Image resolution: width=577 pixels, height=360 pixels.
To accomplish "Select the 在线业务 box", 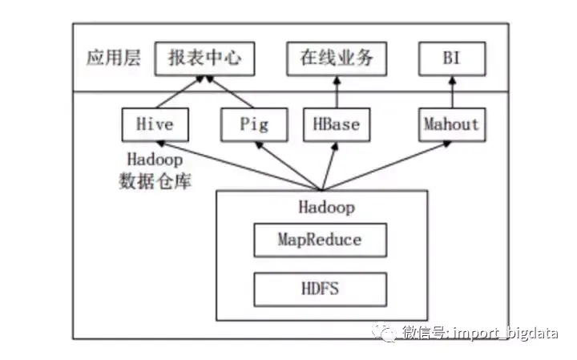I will click(x=336, y=59).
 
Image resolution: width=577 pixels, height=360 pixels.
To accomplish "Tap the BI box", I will click(x=452, y=59).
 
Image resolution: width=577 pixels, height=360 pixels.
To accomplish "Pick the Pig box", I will click(x=254, y=124).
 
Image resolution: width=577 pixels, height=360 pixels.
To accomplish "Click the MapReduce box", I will click(x=320, y=240).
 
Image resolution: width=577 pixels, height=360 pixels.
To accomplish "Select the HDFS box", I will click(x=320, y=287).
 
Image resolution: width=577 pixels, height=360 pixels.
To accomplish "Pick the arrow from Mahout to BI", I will click(x=453, y=92).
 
